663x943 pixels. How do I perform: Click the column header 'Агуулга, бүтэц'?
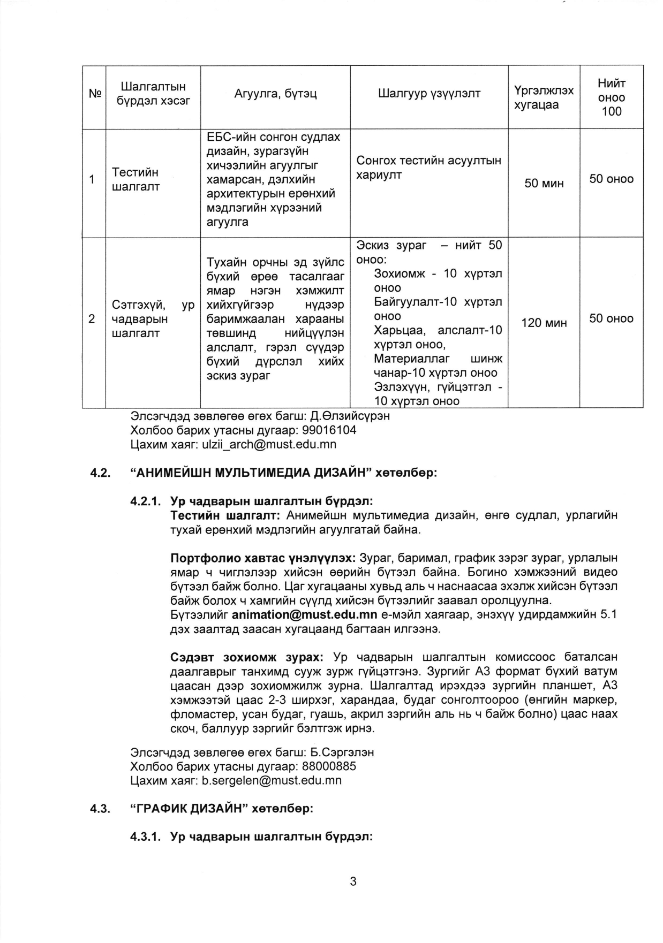[275, 94]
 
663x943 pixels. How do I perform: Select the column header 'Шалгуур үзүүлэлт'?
[429, 94]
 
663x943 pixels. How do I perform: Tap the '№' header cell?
[94, 94]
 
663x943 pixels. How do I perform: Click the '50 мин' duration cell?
[544, 184]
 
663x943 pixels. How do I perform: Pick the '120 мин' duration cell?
[544, 323]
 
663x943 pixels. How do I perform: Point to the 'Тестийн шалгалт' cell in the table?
[135, 179]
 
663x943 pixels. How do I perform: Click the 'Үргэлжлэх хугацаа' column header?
[544, 97]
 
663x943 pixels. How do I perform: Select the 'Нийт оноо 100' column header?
[611, 97]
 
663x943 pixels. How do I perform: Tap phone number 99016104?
[329, 430]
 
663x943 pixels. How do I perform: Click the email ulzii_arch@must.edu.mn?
[269, 444]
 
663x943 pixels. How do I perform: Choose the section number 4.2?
[100, 473]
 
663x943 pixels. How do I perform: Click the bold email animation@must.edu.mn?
[304, 614]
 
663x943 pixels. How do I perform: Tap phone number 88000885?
[329, 766]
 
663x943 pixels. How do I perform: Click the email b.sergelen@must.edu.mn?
[272, 780]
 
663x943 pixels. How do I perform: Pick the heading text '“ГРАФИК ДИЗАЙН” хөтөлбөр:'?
[221, 808]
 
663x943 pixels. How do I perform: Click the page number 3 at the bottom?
[353, 881]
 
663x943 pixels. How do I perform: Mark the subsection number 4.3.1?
[146, 836]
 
